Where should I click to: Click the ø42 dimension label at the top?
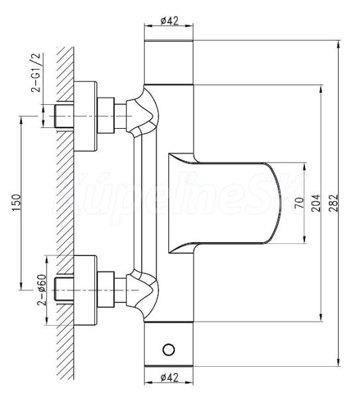[x=170, y=21]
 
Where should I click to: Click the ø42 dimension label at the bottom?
[x=170, y=377]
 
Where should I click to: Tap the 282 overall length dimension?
[x=334, y=203]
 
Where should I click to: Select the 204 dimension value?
[x=316, y=204]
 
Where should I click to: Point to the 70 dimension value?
[x=300, y=203]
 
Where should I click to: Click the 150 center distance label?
[x=16, y=202]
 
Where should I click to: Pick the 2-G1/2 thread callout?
[x=36, y=72]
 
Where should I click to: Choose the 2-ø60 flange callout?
[x=42, y=290]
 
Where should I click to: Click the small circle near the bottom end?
[x=168, y=350]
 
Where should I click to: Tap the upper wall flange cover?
[x=86, y=116]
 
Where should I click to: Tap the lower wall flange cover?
[x=86, y=290]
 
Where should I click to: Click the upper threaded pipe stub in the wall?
[x=64, y=116]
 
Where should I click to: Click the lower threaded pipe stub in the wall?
[x=64, y=290]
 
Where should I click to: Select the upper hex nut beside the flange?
[x=106, y=115]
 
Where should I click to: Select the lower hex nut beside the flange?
[x=106, y=289]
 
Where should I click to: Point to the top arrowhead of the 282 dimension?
[x=338, y=44]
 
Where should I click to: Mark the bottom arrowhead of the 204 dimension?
[x=321, y=317]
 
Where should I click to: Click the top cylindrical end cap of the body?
[x=168, y=62]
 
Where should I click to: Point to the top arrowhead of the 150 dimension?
[x=21, y=120]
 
